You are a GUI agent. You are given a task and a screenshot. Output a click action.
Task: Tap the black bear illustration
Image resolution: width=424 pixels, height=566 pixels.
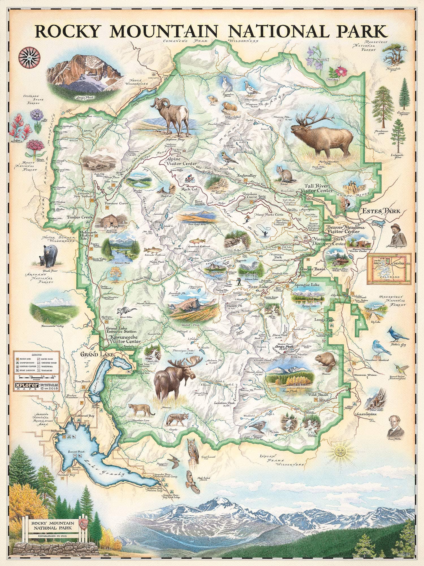[x=50, y=256]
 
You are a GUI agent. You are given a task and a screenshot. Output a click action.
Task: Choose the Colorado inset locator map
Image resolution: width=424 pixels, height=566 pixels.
[x=389, y=269]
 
